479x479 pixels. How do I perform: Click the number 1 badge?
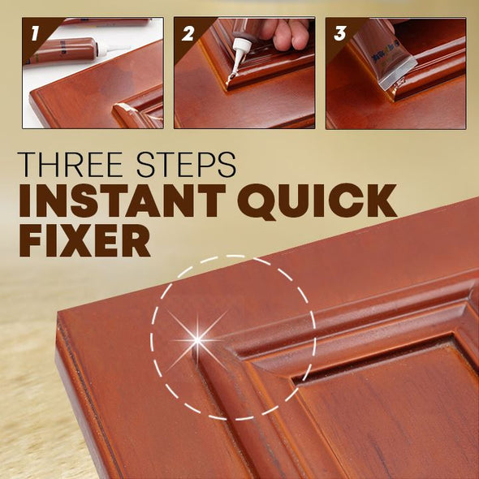click(x=33, y=33)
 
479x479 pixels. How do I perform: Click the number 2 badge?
click(x=188, y=33)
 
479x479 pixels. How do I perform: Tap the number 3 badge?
click(x=339, y=33)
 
